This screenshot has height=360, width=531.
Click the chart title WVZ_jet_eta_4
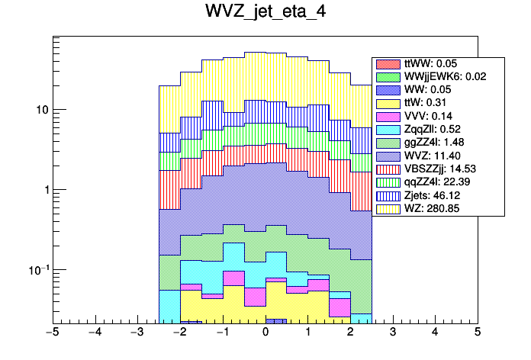265,13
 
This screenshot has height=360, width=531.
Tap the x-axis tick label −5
52,333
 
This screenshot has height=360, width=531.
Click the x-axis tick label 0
265,333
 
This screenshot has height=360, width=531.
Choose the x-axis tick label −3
137,333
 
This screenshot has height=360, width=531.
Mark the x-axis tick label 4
435,333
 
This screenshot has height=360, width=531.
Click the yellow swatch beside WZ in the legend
388,207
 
